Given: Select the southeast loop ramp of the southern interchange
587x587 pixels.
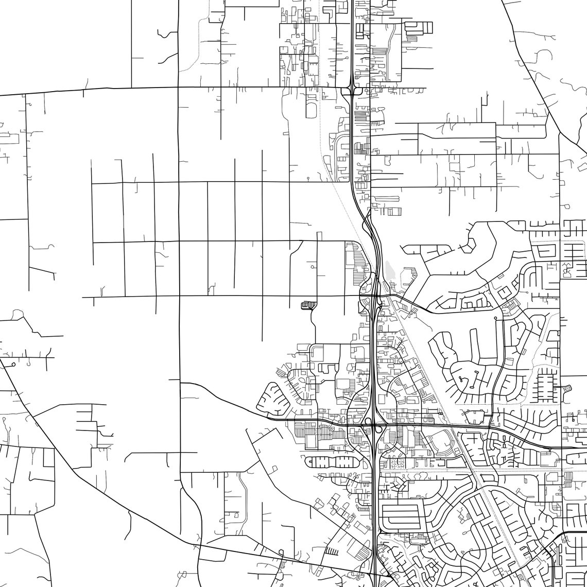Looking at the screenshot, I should coord(379,429).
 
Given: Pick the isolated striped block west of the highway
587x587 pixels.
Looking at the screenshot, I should coord(308,305).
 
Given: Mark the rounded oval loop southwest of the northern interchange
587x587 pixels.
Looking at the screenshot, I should coord(311,110).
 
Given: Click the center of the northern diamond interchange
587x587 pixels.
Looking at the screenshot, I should coord(351,91).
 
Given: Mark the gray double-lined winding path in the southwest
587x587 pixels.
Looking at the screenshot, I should coord(244,494).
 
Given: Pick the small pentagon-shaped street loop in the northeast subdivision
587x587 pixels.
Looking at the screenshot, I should coord(469,246).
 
